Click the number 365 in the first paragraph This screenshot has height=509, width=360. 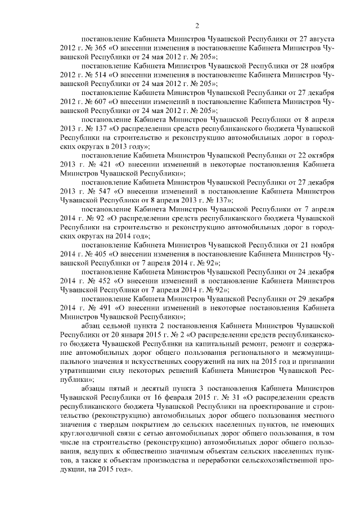click(x=97, y=49)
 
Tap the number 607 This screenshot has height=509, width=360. click(x=97, y=102)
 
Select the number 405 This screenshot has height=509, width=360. click(x=97, y=254)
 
